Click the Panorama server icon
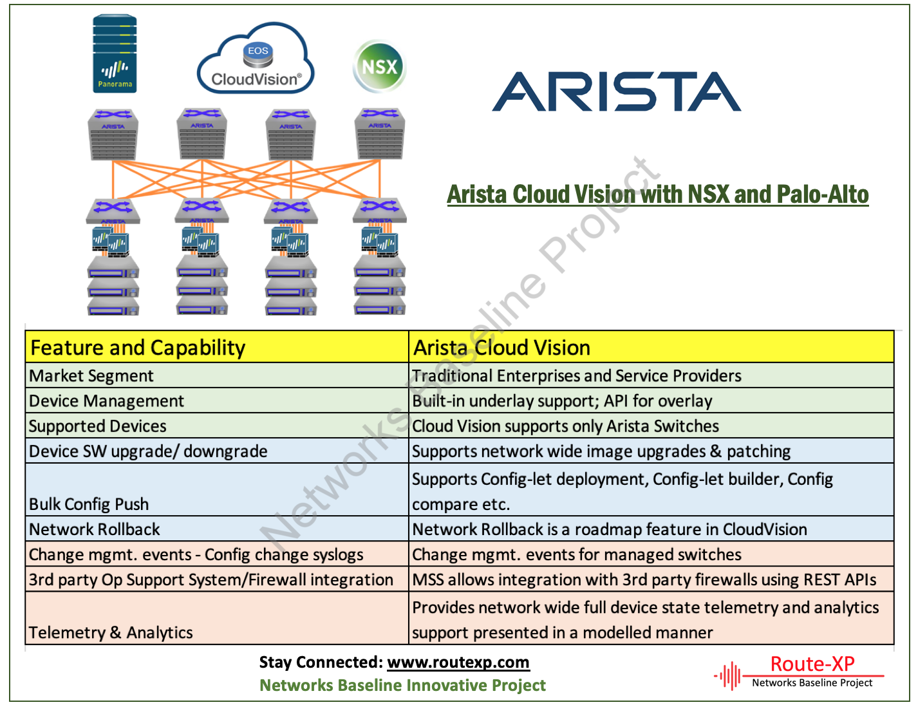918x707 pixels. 115,54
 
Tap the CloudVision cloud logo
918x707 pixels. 256,61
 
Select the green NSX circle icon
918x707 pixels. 380,66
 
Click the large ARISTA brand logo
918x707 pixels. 616,92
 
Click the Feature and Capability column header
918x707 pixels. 138,348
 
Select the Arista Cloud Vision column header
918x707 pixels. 501,348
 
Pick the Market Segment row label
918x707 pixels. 91,376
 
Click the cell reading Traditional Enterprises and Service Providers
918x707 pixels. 576,376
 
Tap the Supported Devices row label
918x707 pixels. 98,426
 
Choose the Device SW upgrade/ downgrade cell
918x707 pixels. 148,451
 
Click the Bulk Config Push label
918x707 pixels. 89,504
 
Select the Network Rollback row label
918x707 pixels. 95,529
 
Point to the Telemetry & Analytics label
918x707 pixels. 111,633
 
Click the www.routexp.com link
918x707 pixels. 458,663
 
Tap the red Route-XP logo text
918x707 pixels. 812,664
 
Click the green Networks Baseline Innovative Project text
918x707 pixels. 402,686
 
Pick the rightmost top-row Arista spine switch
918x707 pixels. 380,134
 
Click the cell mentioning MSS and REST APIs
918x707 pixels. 644,580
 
